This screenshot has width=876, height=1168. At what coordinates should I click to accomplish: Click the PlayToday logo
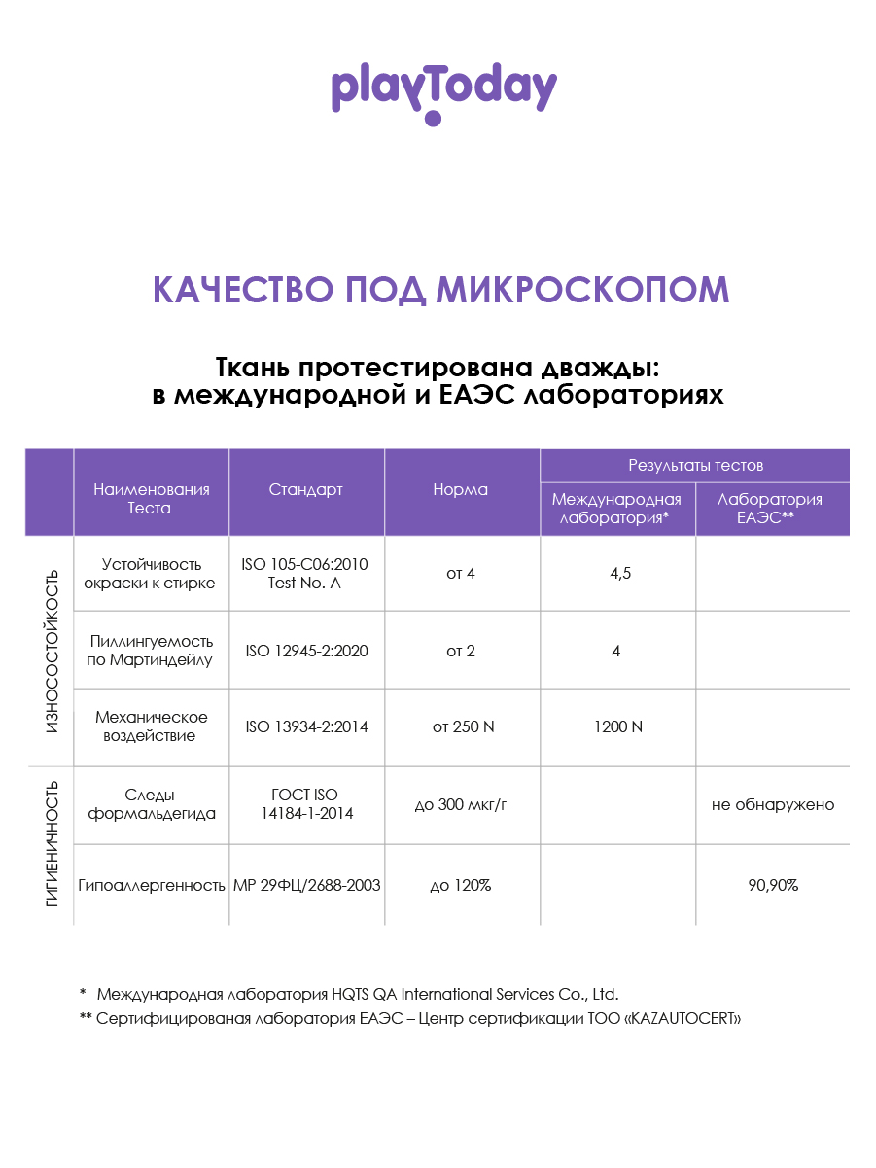(443, 91)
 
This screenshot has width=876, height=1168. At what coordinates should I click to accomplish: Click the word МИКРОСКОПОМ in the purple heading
(581, 289)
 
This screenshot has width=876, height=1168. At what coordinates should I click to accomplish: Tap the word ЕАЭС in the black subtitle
(477, 396)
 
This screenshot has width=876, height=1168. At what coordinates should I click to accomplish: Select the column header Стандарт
(306, 490)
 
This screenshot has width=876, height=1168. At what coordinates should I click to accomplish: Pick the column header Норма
(461, 490)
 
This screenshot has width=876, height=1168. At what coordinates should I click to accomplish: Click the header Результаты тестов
(695, 466)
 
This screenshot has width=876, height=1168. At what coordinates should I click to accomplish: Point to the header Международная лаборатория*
(617, 509)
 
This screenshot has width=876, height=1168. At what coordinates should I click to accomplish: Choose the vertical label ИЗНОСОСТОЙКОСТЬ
(52, 651)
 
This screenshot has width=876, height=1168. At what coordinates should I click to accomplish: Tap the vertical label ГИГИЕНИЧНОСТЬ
(52, 843)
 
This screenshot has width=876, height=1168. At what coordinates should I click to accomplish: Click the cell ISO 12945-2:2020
(306, 651)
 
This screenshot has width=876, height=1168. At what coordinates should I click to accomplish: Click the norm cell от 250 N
(462, 727)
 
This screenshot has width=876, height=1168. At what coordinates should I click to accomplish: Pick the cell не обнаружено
(773, 805)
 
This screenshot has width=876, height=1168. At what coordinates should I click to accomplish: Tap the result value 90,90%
(773, 886)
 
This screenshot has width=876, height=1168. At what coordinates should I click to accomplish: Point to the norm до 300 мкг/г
(462, 805)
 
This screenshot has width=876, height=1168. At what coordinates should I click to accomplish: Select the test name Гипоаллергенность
(152, 886)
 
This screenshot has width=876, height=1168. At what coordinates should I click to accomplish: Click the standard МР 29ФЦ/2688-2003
(307, 886)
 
